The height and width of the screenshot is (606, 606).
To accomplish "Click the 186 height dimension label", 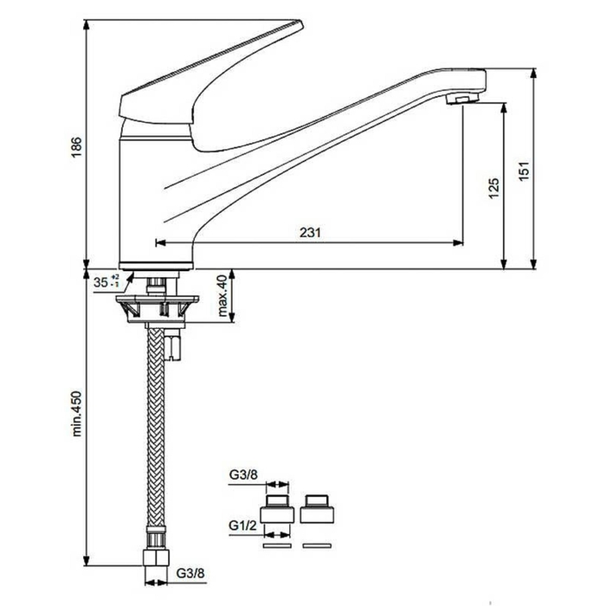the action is [x=76, y=146].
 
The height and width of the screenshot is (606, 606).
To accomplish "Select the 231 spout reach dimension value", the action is [x=310, y=232].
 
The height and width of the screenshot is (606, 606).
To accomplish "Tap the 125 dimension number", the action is [x=494, y=188].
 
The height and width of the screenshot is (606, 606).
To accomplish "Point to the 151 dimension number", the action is [x=523, y=171].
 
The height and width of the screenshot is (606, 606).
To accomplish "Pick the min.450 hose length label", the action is [x=76, y=414].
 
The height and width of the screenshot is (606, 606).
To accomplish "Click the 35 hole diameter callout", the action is [x=106, y=282].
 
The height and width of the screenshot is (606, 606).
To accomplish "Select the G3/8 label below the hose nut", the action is [x=190, y=573].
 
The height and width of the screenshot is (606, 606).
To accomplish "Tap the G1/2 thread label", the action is [x=242, y=525].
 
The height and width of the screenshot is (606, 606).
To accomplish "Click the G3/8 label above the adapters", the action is [x=243, y=474].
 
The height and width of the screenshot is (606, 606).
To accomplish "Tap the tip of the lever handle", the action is [x=301, y=23].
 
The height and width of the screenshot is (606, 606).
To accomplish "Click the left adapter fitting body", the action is [x=277, y=509].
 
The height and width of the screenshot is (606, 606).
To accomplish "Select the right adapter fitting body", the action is [x=317, y=509].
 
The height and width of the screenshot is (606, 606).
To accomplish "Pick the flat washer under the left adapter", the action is [x=277, y=545].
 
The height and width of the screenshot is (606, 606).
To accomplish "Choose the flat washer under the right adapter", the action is [x=317, y=545].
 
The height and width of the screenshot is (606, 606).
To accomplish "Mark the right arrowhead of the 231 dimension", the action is [x=458, y=242].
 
